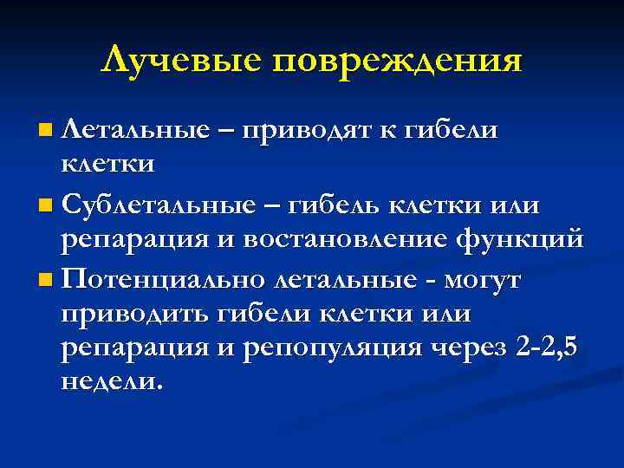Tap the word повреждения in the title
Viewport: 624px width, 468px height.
(x=400, y=62)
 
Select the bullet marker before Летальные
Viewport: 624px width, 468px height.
(x=44, y=131)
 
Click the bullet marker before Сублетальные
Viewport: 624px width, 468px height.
(x=44, y=206)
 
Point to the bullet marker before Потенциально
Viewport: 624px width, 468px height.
(x=44, y=282)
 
